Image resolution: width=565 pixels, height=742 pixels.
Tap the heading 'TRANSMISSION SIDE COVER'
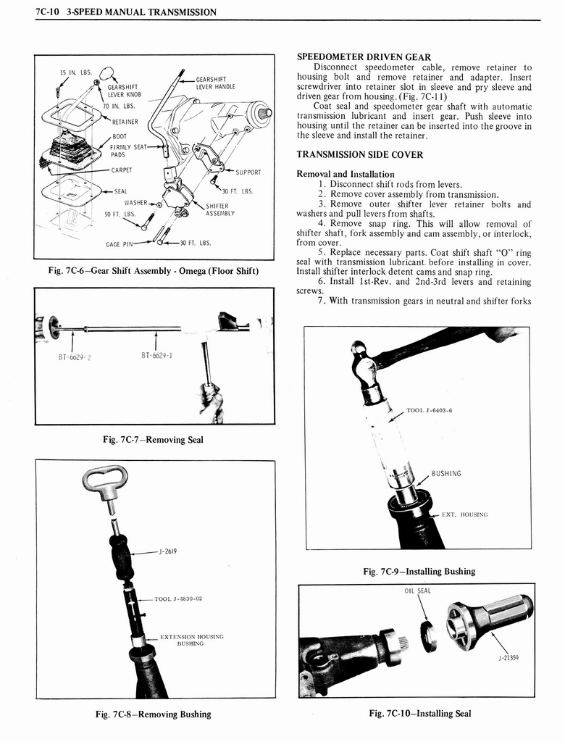(x=360, y=154)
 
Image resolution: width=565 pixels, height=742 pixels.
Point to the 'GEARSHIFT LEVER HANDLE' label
(x=215, y=83)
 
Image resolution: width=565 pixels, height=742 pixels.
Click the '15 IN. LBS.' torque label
(x=75, y=72)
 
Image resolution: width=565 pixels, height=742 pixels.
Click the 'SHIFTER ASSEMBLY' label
(x=220, y=209)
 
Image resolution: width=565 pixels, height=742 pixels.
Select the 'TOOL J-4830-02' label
(x=178, y=599)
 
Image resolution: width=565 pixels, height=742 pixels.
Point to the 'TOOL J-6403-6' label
(x=430, y=411)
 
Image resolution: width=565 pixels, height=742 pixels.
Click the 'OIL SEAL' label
(x=417, y=591)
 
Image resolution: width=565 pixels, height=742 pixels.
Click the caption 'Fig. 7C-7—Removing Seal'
(x=153, y=440)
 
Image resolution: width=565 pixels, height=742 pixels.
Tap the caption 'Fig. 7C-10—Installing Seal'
(x=420, y=713)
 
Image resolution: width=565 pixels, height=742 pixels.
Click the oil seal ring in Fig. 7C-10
(x=429, y=635)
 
